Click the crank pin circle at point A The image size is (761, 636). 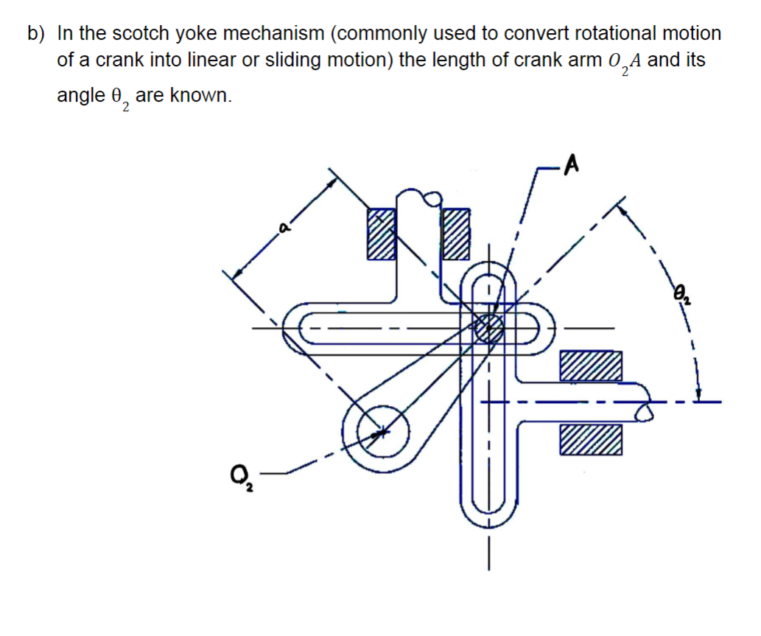pos(488,327)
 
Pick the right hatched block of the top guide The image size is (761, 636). pos(455,234)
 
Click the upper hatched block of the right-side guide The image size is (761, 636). pos(590,366)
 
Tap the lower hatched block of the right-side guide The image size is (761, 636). pos(590,440)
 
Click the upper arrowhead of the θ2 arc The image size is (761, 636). pos(624,208)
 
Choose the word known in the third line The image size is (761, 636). pos(200,95)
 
